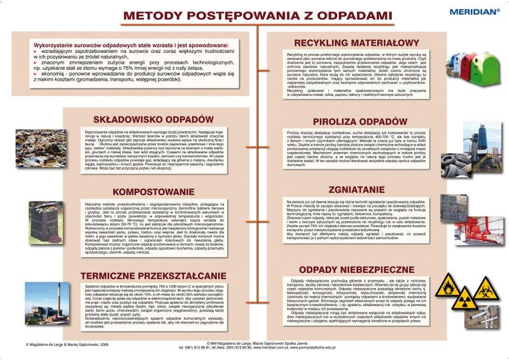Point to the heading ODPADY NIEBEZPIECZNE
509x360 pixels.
pyautogui.click(x=361, y=270)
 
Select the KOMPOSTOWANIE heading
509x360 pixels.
pyautogui.click(x=153, y=191)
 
